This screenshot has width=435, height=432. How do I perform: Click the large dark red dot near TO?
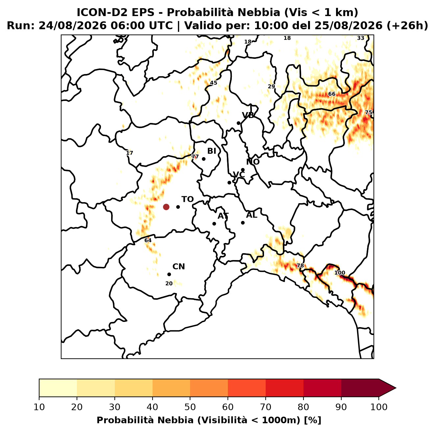click(x=166, y=207)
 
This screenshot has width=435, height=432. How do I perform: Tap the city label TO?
click(x=188, y=200)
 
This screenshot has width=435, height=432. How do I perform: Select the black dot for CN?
click(x=169, y=275)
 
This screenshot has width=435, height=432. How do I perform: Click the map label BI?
click(x=212, y=151)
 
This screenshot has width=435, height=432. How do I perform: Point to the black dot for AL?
click(x=243, y=223)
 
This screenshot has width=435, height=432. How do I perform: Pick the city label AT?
click(x=223, y=216)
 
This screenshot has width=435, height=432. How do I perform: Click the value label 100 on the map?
click(x=340, y=273)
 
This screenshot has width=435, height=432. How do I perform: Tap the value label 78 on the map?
click(x=300, y=266)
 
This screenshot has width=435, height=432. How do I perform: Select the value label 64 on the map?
click(x=148, y=240)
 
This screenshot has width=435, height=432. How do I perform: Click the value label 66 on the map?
click(x=332, y=94)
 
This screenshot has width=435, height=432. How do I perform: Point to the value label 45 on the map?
click(x=213, y=83)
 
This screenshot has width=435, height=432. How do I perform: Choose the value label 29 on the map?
click(x=271, y=86)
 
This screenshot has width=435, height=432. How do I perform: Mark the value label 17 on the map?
click(x=129, y=153)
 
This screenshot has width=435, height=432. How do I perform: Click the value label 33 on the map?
click(x=360, y=38)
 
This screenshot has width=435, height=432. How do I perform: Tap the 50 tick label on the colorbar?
click(x=190, y=407)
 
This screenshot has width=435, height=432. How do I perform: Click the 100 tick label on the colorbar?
click(x=379, y=407)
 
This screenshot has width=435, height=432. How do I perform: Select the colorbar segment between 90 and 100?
click(x=360, y=388)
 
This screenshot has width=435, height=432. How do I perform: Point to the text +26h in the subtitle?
click(x=407, y=26)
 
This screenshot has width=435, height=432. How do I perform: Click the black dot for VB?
click(x=238, y=123)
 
